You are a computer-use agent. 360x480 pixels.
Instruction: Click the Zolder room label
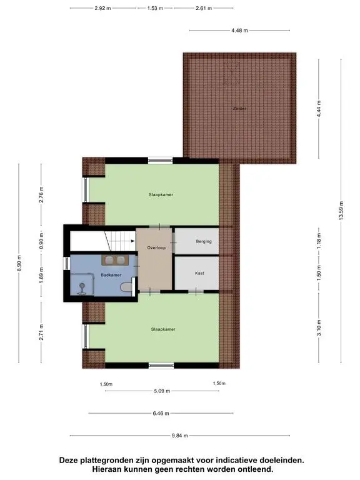tap(239, 108)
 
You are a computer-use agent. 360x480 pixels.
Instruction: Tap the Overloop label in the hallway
tap(156, 247)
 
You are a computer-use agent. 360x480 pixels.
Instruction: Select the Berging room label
tap(204, 241)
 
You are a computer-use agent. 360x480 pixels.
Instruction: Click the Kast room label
tap(199, 273)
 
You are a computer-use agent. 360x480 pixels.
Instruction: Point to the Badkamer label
tap(111, 275)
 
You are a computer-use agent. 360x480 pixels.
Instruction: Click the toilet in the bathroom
tap(126, 287)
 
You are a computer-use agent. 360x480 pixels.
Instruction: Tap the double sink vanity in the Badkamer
tap(115, 260)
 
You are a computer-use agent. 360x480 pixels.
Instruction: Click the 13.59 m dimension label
tap(341, 210)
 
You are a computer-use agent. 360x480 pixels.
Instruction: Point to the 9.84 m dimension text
tap(180, 435)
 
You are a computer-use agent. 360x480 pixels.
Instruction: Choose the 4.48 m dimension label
tap(240, 30)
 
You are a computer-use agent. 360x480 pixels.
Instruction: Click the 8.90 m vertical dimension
tap(19, 263)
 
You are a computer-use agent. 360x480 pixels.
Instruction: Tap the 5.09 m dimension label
tap(162, 391)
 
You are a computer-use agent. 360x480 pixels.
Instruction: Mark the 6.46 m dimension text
tap(161, 413)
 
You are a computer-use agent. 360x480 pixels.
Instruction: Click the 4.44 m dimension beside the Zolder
tap(319, 109)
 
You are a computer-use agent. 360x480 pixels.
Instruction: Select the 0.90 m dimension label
tap(41, 241)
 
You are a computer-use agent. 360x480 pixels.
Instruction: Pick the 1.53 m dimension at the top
tap(155, 8)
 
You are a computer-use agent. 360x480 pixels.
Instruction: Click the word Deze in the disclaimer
tap(69, 460)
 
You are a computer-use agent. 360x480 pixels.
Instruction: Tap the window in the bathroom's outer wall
tap(67, 263)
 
